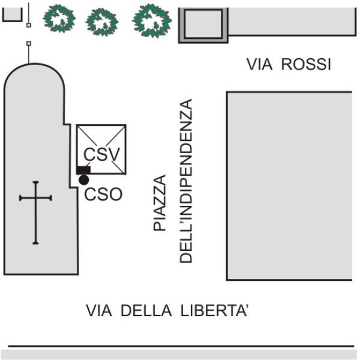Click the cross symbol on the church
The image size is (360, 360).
(x=35, y=212)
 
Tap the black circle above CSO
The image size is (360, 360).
(x=84, y=180)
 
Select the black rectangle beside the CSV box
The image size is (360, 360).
(x=83, y=170)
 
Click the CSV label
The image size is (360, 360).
(x=101, y=154)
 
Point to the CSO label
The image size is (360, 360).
(x=103, y=194)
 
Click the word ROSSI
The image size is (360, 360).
(x=306, y=64)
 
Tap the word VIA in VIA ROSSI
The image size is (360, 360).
(x=259, y=64)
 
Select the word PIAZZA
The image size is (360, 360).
(x=160, y=203)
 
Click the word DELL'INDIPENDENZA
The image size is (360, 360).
(x=185, y=181)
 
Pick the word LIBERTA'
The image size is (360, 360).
(x=214, y=310)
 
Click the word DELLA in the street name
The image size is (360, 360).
(x=146, y=311)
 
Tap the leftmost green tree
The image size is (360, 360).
(x=59, y=19)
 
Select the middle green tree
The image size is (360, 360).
(x=102, y=22)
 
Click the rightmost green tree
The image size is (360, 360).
(x=152, y=20)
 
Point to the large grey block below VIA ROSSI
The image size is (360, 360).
(x=289, y=186)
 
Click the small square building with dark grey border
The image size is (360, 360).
(x=203, y=25)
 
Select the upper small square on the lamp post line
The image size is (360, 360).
(x=28, y=25)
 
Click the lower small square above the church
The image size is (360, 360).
(x=29, y=43)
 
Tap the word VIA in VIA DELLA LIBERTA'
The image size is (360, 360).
(x=99, y=311)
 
